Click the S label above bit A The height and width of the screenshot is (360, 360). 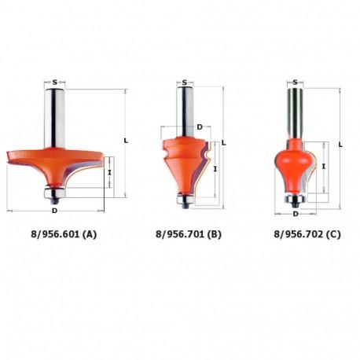54,83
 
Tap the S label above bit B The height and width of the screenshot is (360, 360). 185,83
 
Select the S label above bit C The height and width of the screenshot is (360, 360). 296,83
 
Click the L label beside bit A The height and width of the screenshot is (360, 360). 126,141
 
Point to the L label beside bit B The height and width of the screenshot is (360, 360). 223,143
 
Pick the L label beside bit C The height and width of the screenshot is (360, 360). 340,145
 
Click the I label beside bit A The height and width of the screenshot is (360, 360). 110,172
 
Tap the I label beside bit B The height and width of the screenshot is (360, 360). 215,169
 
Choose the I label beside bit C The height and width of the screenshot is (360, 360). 324,166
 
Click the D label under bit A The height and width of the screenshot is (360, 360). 54,211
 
